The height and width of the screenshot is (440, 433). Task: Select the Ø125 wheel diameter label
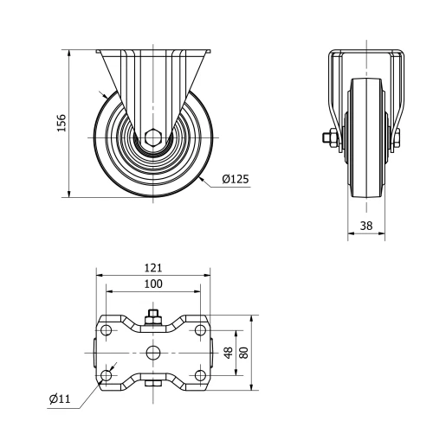[x=235, y=180]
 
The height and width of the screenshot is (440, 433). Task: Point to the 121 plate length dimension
[x=153, y=269]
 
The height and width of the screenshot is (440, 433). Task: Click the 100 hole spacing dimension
[x=153, y=284]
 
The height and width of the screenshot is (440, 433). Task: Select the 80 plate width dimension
[x=244, y=353]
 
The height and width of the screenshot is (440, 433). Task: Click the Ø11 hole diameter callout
[x=60, y=399]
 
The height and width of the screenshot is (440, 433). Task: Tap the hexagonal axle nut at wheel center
[x=153, y=137]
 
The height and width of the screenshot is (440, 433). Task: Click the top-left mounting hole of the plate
[x=107, y=331]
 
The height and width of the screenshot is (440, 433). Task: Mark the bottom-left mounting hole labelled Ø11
[x=107, y=374]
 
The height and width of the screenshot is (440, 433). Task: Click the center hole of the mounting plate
[x=153, y=353]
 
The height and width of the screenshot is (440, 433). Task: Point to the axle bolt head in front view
[x=330, y=137]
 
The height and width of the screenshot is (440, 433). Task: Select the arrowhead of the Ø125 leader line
[x=200, y=178]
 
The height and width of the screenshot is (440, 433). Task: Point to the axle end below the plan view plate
[x=153, y=386]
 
